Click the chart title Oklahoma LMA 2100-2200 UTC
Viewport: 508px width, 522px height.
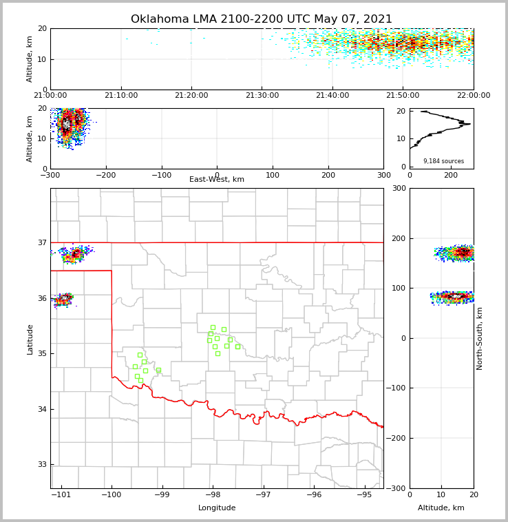click(x=262, y=19)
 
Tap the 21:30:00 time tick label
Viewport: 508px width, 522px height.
click(x=262, y=96)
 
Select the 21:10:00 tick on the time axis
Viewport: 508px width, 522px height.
click(x=120, y=96)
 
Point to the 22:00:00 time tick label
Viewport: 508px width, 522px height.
click(x=473, y=96)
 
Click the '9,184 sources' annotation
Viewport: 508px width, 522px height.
click(x=443, y=161)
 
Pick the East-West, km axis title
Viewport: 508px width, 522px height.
click(x=217, y=180)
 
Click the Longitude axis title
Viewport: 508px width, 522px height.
click(x=217, y=508)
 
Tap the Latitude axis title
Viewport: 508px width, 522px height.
click(x=30, y=339)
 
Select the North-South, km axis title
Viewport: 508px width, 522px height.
click(x=480, y=338)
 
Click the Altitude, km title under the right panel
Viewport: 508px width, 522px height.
click(x=441, y=508)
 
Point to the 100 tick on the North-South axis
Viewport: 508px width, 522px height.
click(x=399, y=288)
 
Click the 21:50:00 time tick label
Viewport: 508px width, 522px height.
click(x=403, y=96)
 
